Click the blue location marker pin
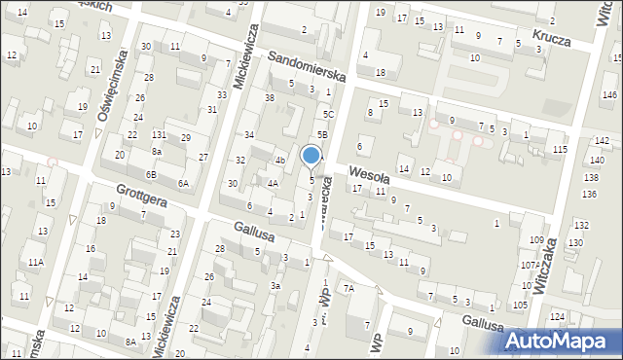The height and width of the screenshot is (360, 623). [311, 156]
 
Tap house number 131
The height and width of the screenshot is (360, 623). [159, 134]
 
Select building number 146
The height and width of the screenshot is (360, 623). [609, 94]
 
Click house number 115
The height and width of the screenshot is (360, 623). [560, 149]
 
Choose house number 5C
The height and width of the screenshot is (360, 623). [329, 114]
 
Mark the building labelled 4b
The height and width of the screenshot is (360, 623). [279, 161]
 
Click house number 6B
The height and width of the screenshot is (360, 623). [151, 174]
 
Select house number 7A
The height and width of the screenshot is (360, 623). [348, 289]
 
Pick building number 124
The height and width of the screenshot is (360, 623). [557, 317]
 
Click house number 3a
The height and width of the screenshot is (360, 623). [275, 286]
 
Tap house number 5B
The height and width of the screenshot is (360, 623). [322, 135]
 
